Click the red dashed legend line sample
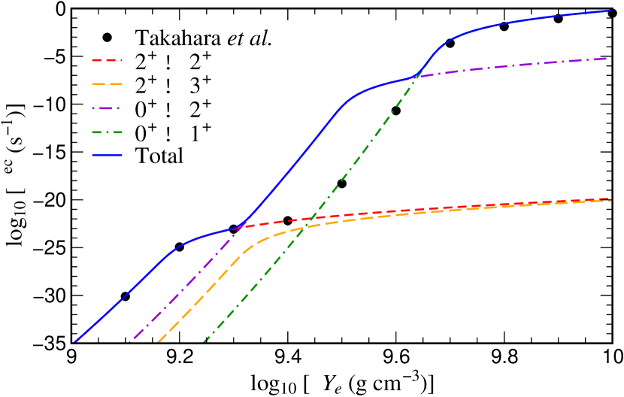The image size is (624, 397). coord(107,59)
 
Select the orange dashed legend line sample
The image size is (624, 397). coord(107,84)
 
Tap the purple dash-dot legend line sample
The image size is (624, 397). coord(107,108)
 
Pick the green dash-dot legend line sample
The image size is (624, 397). coord(107,132)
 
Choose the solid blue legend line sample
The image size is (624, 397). coord(107,155)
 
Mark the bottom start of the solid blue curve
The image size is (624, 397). coord(74,342)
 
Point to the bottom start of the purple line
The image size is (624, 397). coord(130,342)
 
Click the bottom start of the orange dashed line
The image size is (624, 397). coord(158,342)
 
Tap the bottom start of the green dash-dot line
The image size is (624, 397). coord(204,342)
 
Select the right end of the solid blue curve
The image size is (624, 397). coord(610,11)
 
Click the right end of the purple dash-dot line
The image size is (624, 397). coord(607,59)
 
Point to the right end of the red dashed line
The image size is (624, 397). coord(608,199)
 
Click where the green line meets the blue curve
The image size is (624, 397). coord(415,77)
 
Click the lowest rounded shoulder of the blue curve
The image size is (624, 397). coord(177,247)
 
